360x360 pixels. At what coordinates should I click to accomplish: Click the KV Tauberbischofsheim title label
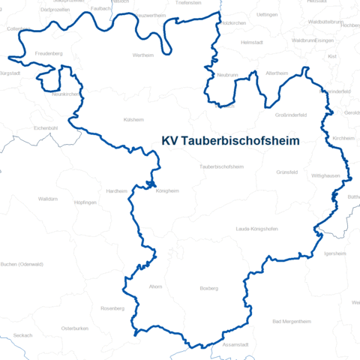[x=230, y=140]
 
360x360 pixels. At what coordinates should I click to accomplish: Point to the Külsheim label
[x=133, y=119]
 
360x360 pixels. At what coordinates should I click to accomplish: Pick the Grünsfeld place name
[x=286, y=172]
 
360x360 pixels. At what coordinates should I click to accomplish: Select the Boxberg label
[x=208, y=287]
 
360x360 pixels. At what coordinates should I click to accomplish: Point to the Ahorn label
[x=156, y=286]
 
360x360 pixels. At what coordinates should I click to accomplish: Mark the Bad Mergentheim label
[x=291, y=321]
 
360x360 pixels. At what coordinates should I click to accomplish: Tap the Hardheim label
[x=116, y=190]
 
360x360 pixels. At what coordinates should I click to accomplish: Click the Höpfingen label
[x=85, y=202]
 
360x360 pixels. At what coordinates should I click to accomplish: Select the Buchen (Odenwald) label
[x=22, y=264]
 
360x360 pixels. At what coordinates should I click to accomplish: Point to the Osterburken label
[x=75, y=328]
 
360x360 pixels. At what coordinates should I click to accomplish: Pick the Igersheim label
[x=334, y=253]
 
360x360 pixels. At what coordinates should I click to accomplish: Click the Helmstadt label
[x=253, y=43]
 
